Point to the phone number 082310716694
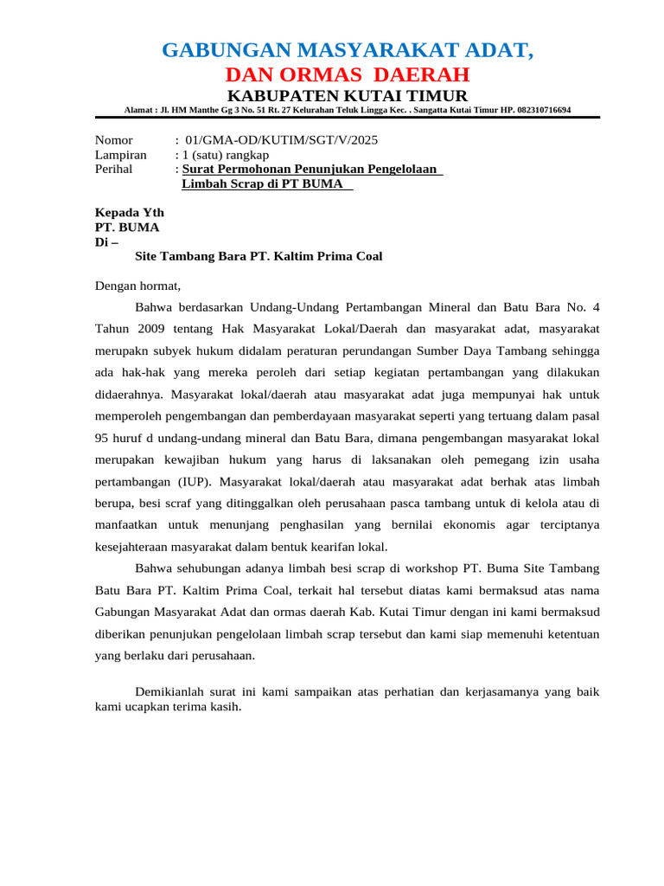click(542, 110)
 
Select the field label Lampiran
click(120, 155)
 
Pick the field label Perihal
click(113, 169)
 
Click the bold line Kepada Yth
click(129, 212)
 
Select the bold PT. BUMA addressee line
click(126, 227)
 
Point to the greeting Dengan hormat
click(137, 286)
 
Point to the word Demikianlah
click(172, 692)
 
